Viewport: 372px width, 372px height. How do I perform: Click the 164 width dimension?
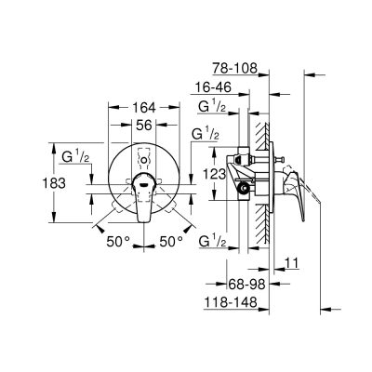pyautogui.click(x=144, y=108)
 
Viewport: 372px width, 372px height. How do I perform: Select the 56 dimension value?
pyautogui.click(x=144, y=126)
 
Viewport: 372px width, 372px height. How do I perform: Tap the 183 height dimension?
pyautogui.click(x=54, y=183)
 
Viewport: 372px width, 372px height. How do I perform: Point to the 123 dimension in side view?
pyautogui.click(x=215, y=175)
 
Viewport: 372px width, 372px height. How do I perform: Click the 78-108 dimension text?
pyautogui.click(x=235, y=68)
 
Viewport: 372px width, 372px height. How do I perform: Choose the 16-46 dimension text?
pyautogui.click(x=213, y=87)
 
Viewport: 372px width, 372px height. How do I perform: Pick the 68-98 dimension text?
pyautogui.click(x=247, y=284)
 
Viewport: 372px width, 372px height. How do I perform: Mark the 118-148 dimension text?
pyautogui.click(x=231, y=301)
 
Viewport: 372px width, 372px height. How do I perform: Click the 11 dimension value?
pyautogui.click(x=291, y=263)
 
